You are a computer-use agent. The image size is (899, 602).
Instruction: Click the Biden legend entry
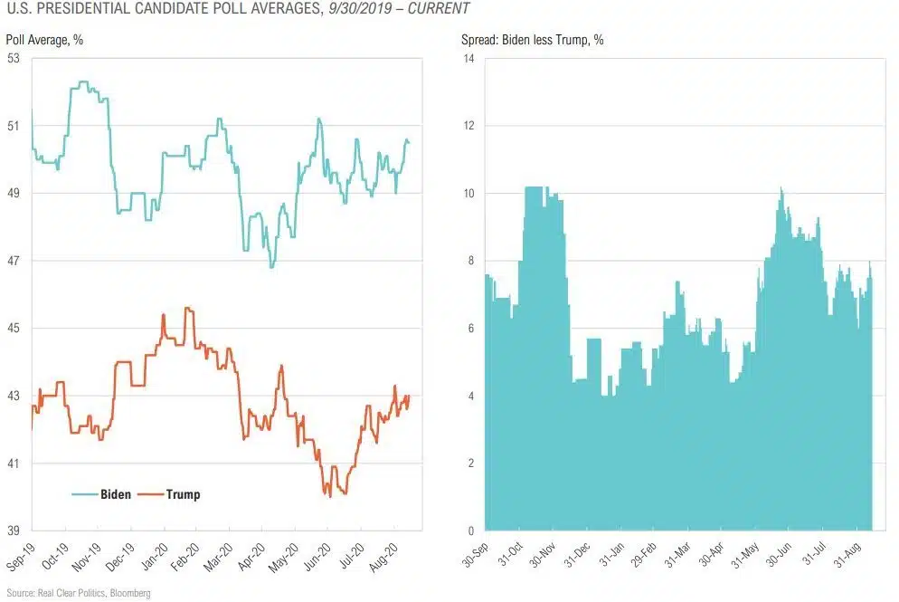pyautogui.click(x=115, y=494)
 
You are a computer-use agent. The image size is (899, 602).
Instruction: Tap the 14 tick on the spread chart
pyautogui.click(x=468, y=59)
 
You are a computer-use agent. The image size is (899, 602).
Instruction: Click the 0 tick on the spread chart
pyautogui.click(x=470, y=531)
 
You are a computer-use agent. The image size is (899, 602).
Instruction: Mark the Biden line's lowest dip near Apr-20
pyautogui.click(x=271, y=267)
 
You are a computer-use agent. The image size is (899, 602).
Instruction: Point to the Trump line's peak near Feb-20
pyautogui.click(x=187, y=308)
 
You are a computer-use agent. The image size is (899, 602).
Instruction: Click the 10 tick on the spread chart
pyautogui.click(x=468, y=194)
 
